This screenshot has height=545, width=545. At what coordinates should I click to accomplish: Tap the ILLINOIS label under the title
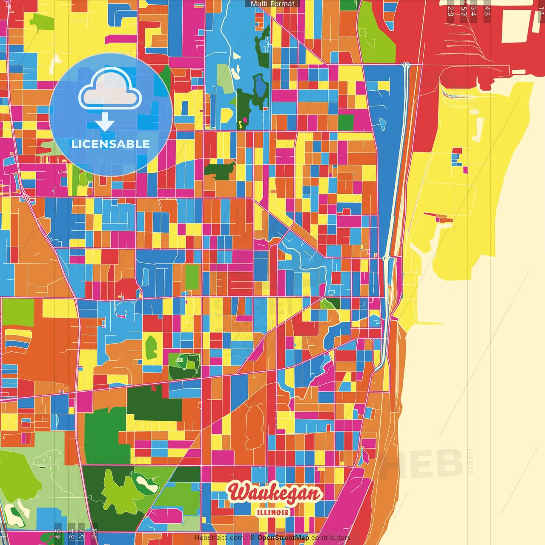(273, 512)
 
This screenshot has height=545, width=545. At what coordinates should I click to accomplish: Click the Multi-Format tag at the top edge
(272, 4)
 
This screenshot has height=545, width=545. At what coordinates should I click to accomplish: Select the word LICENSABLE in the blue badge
(111, 144)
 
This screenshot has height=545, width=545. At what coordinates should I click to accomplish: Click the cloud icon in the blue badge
(110, 89)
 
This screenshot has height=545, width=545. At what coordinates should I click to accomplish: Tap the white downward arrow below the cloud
(104, 123)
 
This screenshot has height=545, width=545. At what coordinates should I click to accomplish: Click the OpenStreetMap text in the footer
(283, 538)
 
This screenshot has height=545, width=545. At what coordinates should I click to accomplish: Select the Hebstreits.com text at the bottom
(219, 538)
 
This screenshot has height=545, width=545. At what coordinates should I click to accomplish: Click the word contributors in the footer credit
(331, 538)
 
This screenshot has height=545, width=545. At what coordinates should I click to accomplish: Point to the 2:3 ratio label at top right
(450, 11)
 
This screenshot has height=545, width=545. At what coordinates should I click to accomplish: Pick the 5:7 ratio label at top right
(463, 11)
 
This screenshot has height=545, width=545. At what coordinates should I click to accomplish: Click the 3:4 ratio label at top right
(473, 11)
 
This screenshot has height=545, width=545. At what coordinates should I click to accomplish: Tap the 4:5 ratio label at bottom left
(58, 534)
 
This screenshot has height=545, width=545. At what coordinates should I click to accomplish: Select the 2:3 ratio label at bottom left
(95, 534)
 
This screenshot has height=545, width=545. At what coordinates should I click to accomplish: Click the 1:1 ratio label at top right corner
(541, 10)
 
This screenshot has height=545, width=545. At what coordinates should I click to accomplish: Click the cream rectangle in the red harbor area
(517, 26)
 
